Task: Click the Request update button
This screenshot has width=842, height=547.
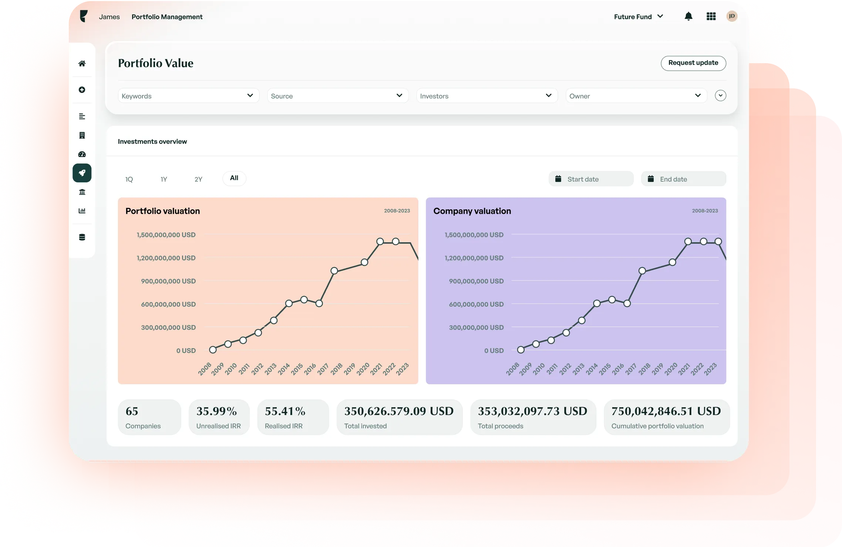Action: tap(693, 63)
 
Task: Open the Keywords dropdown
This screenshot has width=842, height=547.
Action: tap(188, 96)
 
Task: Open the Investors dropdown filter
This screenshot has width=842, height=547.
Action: tap(486, 96)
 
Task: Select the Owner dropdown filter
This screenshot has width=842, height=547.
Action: tap(636, 96)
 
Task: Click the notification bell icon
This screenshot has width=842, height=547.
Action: tap(688, 17)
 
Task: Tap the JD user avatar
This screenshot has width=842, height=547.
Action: tap(731, 16)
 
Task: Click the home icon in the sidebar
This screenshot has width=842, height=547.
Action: tap(82, 64)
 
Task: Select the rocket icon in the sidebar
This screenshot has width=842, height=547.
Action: tap(82, 173)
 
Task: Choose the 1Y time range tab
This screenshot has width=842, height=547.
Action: tap(164, 179)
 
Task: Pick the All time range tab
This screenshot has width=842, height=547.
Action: tap(234, 178)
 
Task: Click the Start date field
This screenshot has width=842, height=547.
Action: tap(591, 179)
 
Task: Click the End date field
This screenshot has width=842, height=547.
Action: tap(683, 179)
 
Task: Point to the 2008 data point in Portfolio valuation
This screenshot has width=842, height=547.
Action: tap(213, 350)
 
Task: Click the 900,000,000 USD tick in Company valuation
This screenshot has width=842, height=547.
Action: tap(476, 281)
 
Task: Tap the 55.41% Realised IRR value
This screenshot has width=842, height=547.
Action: tap(285, 411)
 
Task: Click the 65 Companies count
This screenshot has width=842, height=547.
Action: tap(132, 411)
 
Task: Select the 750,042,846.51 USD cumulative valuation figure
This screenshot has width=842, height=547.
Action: tap(666, 411)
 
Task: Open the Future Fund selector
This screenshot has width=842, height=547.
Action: tap(638, 17)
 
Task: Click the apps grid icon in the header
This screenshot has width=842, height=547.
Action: tap(711, 17)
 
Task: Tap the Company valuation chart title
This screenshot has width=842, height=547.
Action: tap(472, 211)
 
